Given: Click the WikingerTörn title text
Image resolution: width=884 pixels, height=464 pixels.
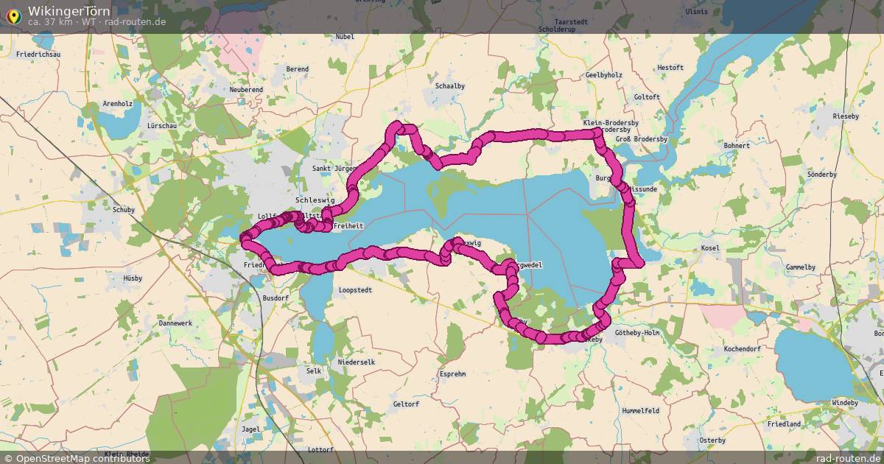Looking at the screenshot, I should pos(69,11).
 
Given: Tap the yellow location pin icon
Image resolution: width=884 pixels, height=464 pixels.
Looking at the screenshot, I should pos(13,15).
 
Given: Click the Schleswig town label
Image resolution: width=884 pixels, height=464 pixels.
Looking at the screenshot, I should pos(315,200).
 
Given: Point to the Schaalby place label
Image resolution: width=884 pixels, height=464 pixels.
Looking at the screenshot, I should pos(450,86).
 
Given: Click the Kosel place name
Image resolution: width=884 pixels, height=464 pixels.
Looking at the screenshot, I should pos(710,248).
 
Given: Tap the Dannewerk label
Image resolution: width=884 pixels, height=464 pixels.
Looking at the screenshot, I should pos(175,323).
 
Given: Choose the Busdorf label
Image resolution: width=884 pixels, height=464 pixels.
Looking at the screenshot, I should pos(276,298).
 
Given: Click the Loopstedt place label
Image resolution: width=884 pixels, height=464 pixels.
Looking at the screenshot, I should pos(355,290).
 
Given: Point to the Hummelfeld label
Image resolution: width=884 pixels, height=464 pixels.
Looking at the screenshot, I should pos(640,410).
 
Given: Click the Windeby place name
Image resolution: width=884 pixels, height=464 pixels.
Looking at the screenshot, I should pos(845,403).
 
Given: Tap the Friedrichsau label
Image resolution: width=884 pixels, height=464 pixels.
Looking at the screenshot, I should pos(38,55).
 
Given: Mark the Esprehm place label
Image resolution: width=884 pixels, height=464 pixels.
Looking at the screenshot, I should pos(452,374).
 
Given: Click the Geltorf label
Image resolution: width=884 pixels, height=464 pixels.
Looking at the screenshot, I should pos(406,404).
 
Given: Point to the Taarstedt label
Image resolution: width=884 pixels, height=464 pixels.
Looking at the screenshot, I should pos(571,22).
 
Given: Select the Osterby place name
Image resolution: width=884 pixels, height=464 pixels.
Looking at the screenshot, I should pos(712,440).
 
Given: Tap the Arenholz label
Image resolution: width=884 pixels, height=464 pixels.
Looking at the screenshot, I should pos(117,104).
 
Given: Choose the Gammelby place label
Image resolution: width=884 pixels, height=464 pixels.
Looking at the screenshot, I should pos(801,267).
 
